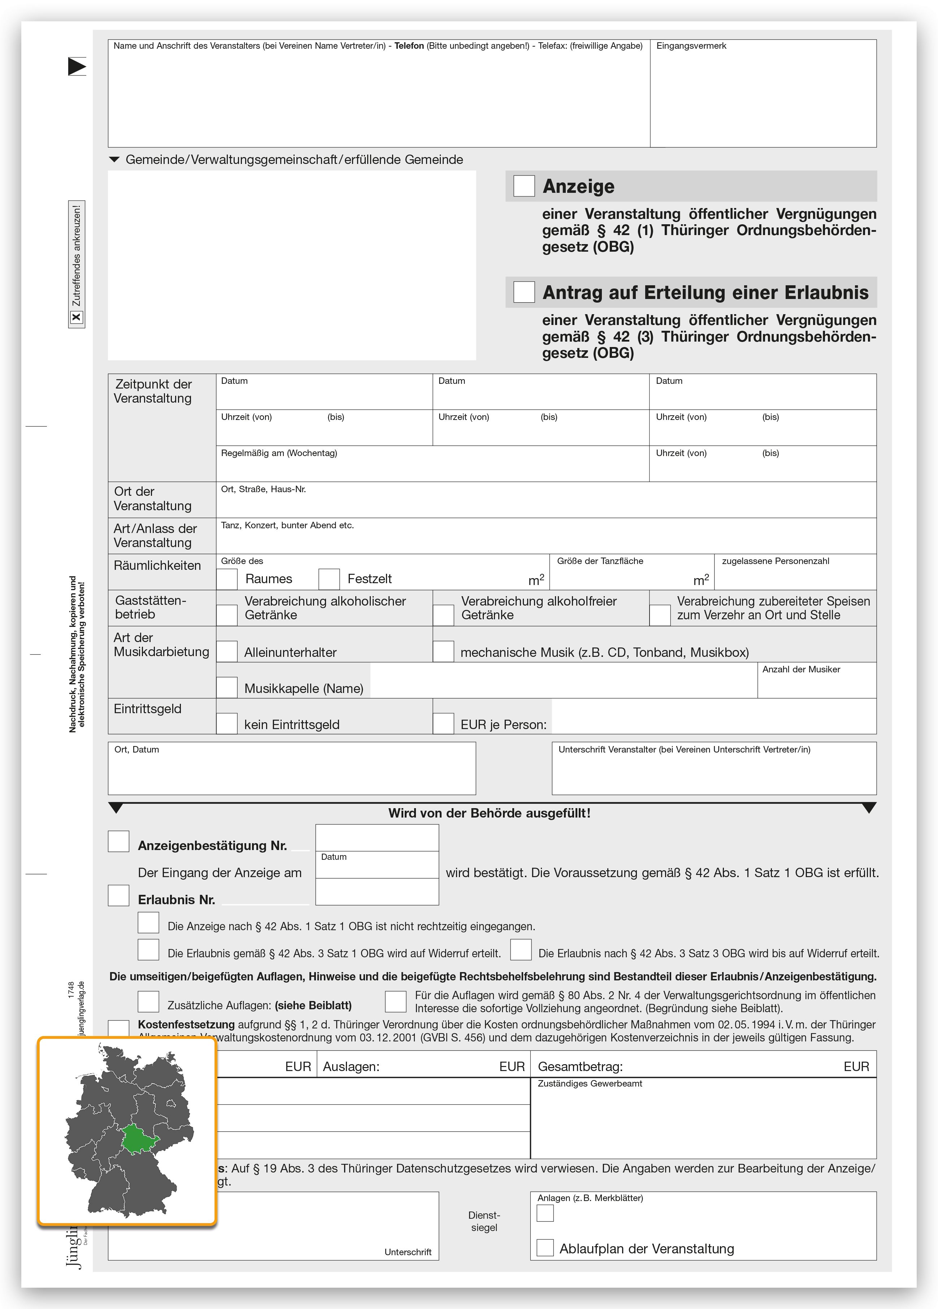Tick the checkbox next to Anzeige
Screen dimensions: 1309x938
tap(524, 186)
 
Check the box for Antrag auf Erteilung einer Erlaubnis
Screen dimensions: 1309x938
tap(524, 292)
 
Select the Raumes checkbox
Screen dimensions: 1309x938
tap(227, 579)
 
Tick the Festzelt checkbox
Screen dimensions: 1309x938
tap(329, 579)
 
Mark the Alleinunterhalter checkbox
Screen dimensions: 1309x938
tap(227, 652)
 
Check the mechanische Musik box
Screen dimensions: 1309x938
tap(443, 652)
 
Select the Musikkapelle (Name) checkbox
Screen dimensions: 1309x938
tap(227, 688)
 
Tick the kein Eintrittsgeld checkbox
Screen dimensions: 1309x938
tap(227, 724)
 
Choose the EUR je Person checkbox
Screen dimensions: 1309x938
tap(443, 724)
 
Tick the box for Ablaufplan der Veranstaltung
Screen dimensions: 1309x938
tap(545, 1248)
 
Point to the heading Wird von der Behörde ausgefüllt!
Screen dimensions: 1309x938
tap(489, 813)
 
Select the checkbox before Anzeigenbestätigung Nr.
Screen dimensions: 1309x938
tap(118, 841)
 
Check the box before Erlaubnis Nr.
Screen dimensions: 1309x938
tap(118, 896)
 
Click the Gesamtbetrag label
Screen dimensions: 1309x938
tap(580, 1067)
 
